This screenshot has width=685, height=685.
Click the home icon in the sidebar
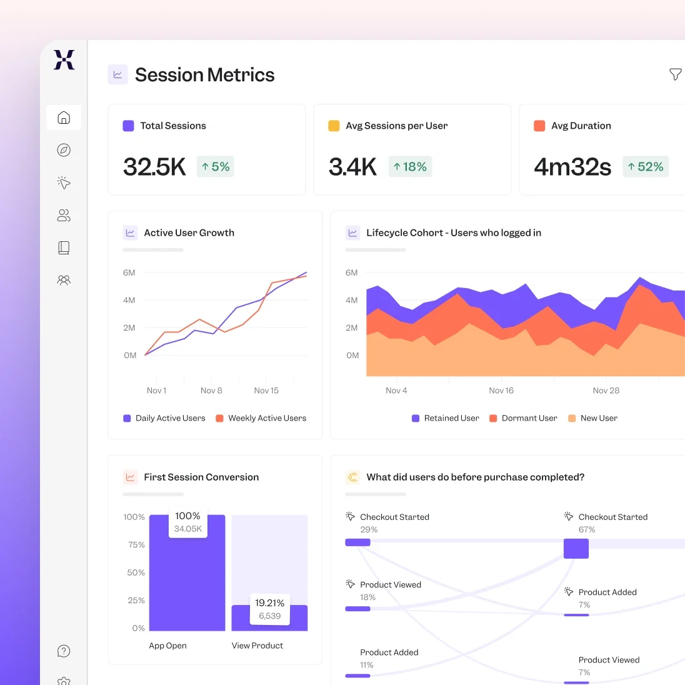point(64,117)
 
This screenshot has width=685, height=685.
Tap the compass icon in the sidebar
point(64,150)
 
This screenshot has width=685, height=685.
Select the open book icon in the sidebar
point(64,247)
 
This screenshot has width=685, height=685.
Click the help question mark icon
point(64,651)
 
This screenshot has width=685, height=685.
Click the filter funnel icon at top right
point(675,74)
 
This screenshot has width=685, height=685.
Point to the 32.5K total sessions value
point(154,167)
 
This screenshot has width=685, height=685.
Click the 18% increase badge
point(410,167)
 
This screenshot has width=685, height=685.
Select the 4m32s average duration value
point(572,167)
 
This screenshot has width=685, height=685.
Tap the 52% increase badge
point(646,167)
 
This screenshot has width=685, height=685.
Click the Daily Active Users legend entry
point(164,418)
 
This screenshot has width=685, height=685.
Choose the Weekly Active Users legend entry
point(261,418)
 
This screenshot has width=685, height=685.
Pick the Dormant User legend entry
point(523,418)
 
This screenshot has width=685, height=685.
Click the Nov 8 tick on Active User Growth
point(211,391)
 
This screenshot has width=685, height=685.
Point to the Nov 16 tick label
point(501,391)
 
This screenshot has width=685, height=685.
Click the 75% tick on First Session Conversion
point(136,545)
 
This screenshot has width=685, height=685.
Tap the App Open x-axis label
point(167,646)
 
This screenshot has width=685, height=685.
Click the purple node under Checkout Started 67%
point(576,549)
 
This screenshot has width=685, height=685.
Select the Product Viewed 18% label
point(391,585)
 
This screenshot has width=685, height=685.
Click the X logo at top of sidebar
point(64,60)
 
